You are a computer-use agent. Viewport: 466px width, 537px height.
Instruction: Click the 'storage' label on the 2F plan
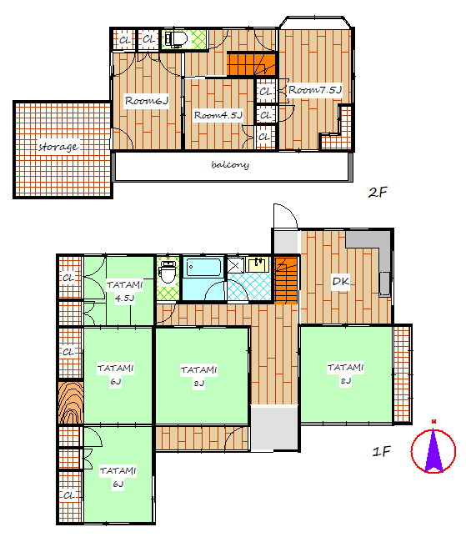tap(58, 147)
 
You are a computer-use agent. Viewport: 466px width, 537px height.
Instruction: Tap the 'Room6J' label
tap(147, 101)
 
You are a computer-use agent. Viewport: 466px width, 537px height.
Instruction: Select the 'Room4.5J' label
tap(218, 115)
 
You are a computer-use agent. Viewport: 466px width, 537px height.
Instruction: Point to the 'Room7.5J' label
tap(315, 90)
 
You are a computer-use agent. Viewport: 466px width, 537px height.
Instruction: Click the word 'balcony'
tap(230, 165)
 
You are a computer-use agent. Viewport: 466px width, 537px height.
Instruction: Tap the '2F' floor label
tap(378, 192)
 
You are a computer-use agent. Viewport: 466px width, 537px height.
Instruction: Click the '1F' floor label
tap(382, 451)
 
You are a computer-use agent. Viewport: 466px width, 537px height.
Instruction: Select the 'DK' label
tap(341, 282)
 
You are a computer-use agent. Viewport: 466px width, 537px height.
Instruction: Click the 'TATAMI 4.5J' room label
tap(124, 292)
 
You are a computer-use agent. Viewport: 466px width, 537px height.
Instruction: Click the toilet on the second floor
tap(177, 39)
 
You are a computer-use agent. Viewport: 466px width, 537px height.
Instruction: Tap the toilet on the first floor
tap(168, 272)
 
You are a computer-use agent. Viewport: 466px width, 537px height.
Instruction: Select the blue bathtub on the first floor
tap(203, 267)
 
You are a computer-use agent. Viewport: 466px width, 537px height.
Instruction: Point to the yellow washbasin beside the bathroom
tap(258, 264)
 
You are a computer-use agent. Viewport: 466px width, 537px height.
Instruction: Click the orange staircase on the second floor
tap(252, 63)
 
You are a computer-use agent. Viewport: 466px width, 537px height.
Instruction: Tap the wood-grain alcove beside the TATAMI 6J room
tap(71, 403)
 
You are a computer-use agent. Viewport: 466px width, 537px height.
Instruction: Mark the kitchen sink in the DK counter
tap(385, 284)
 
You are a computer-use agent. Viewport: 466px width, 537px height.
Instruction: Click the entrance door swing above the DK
tap(285, 216)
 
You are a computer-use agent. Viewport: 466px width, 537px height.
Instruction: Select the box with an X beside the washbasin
tap(236, 264)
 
